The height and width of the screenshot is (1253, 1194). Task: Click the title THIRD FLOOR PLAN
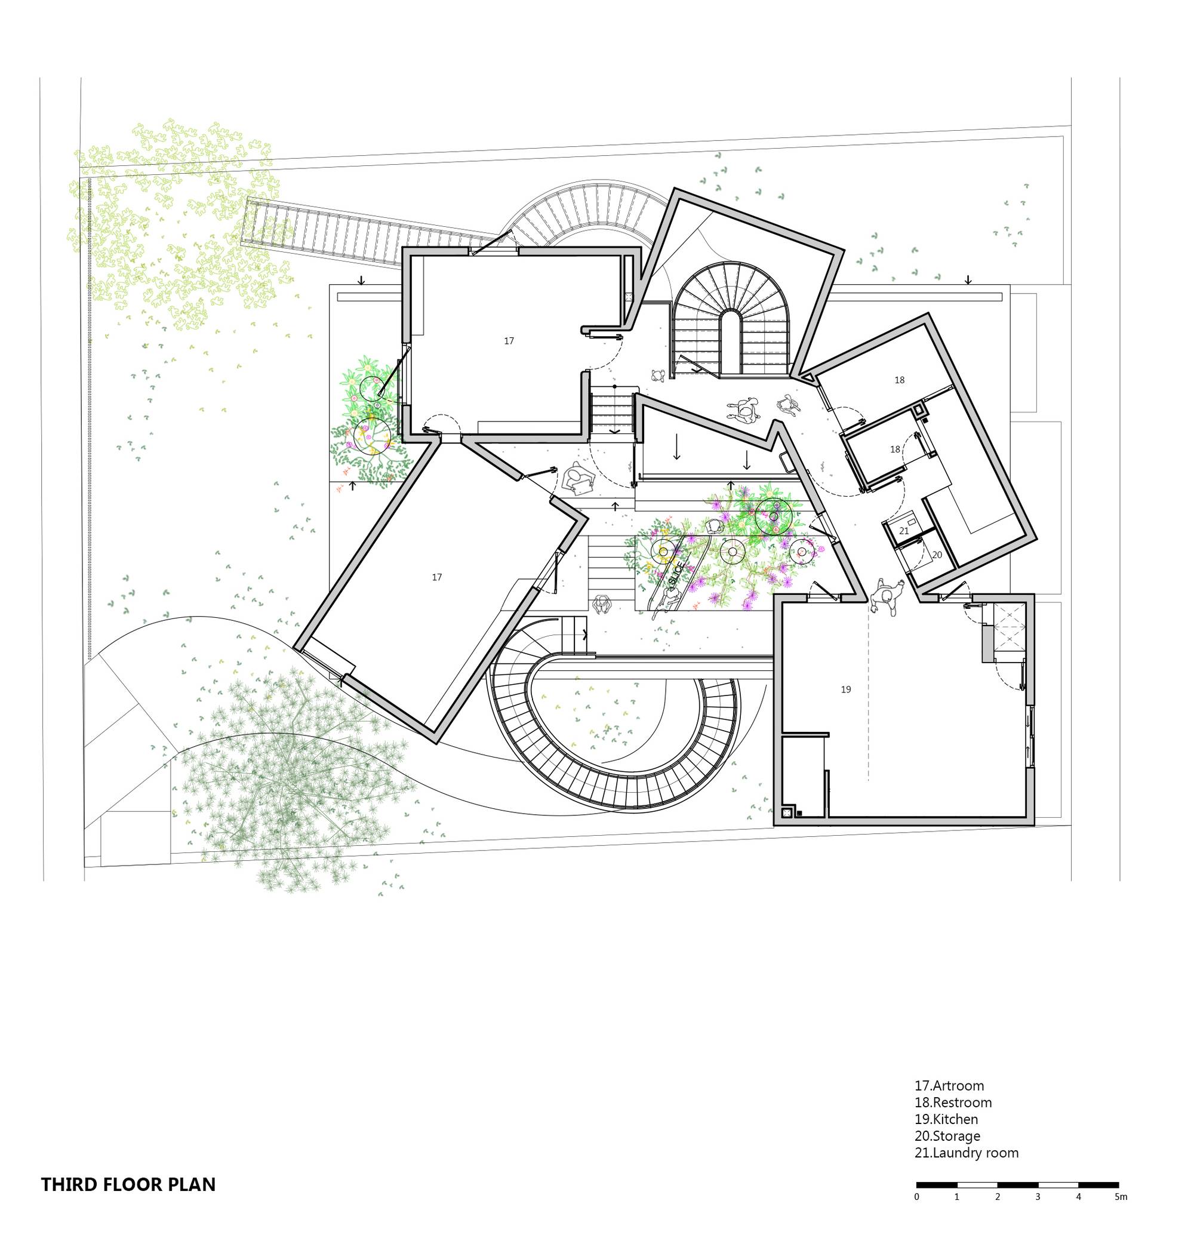pyautogui.click(x=128, y=1184)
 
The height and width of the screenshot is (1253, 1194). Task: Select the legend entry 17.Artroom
pyautogui.click(x=949, y=1086)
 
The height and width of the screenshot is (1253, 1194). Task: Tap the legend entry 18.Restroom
pyautogui.click(x=953, y=1102)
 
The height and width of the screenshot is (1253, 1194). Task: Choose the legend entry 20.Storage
pyautogui.click(x=947, y=1135)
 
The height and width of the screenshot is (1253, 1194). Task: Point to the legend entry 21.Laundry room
pyautogui.click(x=966, y=1153)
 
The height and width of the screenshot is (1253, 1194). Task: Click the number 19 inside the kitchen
pyautogui.click(x=845, y=689)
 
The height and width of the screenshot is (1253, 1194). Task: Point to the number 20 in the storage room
pyautogui.click(x=937, y=555)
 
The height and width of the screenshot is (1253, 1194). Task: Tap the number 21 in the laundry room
pyautogui.click(x=904, y=531)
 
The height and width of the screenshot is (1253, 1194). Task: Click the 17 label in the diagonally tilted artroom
pyautogui.click(x=436, y=577)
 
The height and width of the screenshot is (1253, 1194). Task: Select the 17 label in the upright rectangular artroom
pyautogui.click(x=509, y=341)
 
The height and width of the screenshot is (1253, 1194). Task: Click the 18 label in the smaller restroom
pyautogui.click(x=895, y=450)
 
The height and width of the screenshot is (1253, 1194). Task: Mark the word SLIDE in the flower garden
pyautogui.click(x=677, y=572)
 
